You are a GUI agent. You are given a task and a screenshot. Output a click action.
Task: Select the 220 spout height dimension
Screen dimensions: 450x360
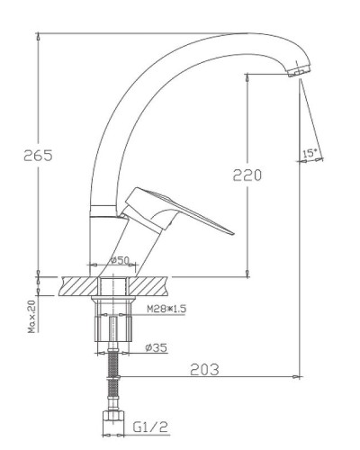(x=247, y=175)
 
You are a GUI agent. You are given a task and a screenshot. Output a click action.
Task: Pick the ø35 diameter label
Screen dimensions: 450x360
(x=156, y=346)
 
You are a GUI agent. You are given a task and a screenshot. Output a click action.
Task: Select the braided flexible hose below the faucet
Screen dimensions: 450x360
(x=112, y=378)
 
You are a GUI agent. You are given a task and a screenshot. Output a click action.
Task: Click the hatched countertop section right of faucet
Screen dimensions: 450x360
(x=153, y=285)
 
